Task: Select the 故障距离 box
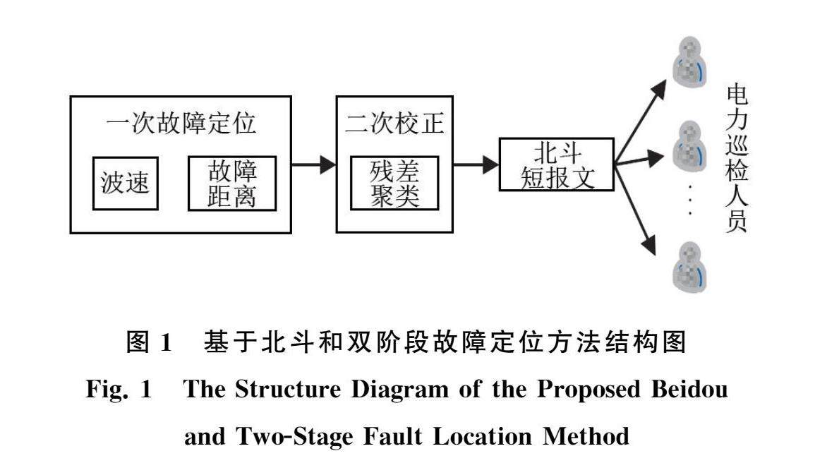pos(231,184)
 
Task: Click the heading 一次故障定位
pos(181,124)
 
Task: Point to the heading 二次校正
pos(394,124)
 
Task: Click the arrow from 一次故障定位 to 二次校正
pos(313,165)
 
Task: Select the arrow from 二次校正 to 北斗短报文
pos(476,165)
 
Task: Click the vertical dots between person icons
pos(689,200)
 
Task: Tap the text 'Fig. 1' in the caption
pos(119,391)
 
